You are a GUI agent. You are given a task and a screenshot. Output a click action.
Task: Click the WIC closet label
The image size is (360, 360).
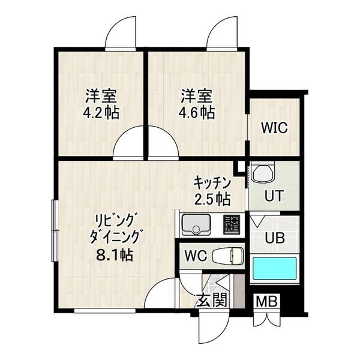click(x=275, y=128)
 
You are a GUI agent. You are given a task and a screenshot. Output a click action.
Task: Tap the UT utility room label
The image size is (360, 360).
click(x=275, y=196)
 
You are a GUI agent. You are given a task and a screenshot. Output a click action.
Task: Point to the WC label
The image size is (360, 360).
click(x=196, y=255)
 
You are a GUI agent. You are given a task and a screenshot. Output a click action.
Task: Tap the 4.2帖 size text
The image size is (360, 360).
click(x=100, y=112)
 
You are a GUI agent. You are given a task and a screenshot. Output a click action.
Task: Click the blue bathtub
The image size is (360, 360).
click(x=275, y=268)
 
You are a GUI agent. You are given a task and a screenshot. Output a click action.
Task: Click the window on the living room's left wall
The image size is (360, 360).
click(x=55, y=220)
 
